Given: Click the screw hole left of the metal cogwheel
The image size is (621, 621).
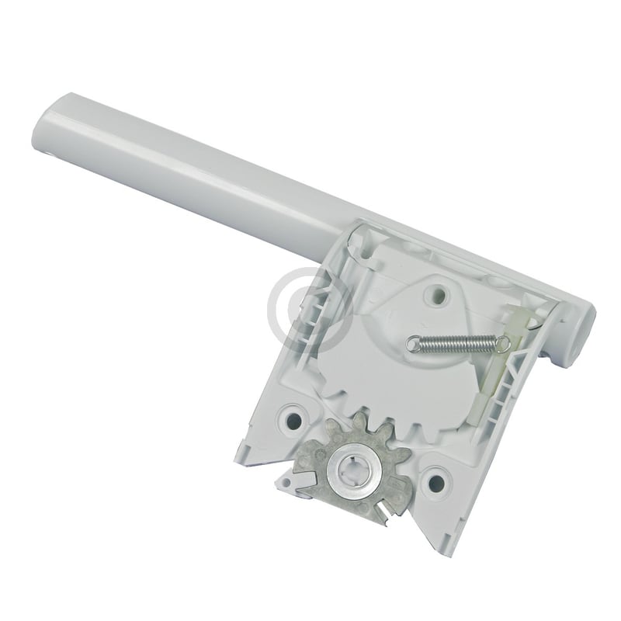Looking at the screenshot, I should [x=294, y=419].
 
